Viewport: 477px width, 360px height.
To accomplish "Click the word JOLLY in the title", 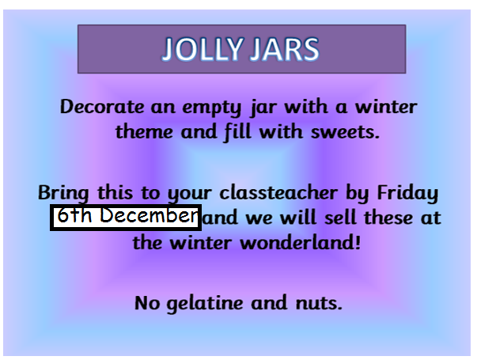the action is point(203,49).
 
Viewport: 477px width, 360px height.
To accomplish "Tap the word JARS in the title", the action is point(285,49).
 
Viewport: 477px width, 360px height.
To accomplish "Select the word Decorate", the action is point(102,107).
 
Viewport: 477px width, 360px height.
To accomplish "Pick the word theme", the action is point(144,132).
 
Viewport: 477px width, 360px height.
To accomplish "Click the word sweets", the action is point(345,132).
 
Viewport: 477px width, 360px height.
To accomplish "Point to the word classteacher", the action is point(278,192).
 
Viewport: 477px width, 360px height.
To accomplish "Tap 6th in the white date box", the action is point(74,215).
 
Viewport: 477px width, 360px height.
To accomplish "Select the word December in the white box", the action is point(149,216).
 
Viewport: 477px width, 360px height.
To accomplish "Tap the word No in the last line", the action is point(147,303).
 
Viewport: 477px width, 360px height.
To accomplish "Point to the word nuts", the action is point(319,303).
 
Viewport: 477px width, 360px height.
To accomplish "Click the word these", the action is point(388,218).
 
